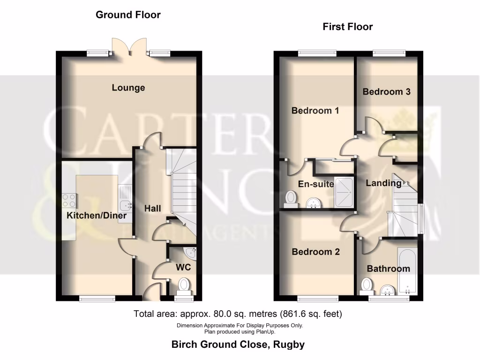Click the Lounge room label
pyautogui.click(x=128, y=88)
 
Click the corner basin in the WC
pyautogui.click(x=190, y=254)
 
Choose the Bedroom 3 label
pyautogui.click(x=386, y=92)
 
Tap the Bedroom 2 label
pyautogui.click(x=315, y=252)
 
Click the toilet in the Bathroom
pyautogui.click(x=366, y=285)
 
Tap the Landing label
pyautogui.click(x=383, y=183)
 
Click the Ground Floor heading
pyautogui.click(x=128, y=15)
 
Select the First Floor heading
pyautogui.click(x=347, y=27)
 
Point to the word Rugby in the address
pyautogui.click(x=289, y=345)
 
